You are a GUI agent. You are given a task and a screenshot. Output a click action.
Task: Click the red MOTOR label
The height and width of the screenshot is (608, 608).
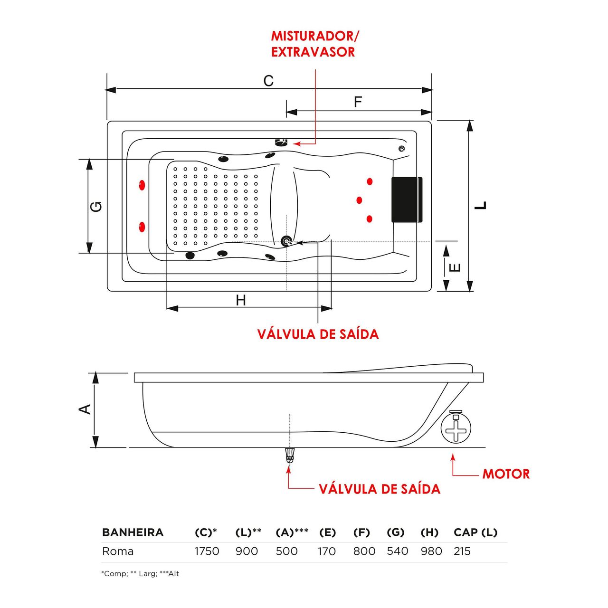(506, 474)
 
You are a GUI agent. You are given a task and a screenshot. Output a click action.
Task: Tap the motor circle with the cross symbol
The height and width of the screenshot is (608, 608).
(456, 428)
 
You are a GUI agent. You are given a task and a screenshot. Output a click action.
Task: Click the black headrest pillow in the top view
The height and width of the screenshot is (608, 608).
(407, 199)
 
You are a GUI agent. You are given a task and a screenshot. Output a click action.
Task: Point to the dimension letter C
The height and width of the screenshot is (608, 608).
(268, 81)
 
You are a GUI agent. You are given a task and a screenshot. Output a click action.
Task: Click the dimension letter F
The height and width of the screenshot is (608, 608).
(358, 102)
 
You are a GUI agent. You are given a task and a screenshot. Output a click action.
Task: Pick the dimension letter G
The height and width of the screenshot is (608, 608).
(96, 207)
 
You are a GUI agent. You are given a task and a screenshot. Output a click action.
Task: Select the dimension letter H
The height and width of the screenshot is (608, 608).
(241, 300)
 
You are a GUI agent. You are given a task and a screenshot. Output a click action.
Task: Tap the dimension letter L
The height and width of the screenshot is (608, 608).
(481, 205)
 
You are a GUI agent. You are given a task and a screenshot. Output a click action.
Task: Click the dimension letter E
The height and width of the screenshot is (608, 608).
(455, 267)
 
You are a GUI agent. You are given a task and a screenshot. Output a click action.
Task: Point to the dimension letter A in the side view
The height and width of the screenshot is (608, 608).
(85, 409)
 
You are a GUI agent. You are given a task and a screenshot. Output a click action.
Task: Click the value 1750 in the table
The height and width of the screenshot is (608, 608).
(207, 551)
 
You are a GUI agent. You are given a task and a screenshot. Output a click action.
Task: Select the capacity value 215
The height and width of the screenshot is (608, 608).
(462, 551)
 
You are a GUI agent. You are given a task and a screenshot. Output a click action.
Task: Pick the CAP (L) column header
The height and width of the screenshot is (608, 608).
(475, 532)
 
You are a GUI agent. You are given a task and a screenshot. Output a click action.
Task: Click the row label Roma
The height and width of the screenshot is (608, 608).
(118, 551)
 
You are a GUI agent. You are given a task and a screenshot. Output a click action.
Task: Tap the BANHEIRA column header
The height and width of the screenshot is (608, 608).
(133, 532)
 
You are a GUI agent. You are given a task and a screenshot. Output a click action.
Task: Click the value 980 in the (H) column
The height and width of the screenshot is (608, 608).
(431, 551)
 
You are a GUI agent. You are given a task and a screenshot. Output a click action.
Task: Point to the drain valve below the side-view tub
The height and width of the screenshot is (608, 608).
(289, 456)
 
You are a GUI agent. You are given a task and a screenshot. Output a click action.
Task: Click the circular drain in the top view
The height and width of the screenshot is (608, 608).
(286, 242)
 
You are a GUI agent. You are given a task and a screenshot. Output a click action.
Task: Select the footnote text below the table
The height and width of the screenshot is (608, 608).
(140, 574)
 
